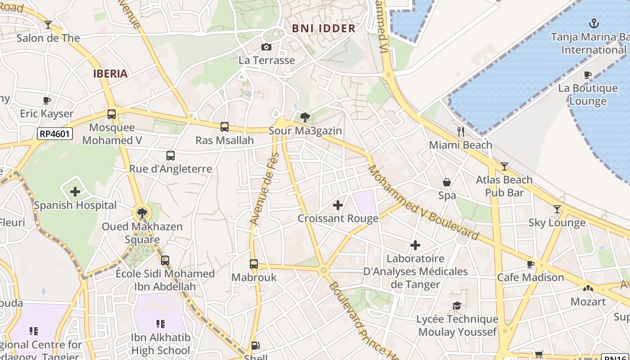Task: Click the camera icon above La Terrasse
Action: pyautogui.click(x=266, y=47)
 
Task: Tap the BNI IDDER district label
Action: pyautogui.click(x=324, y=28)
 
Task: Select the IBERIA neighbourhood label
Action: pyautogui.click(x=110, y=74)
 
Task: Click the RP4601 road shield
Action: pyautogui.click(x=54, y=134)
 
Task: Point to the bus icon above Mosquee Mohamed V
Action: pyautogui.click(x=112, y=114)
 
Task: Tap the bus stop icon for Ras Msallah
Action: pyautogui.click(x=225, y=127)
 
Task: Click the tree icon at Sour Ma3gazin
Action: pyautogui.click(x=305, y=117)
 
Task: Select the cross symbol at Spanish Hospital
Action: pyautogui.click(x=75, y=192)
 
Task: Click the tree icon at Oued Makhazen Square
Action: pyautogui.click(x=142, y=213)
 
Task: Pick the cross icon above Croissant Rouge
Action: pyautogui.click(x=338, y=206)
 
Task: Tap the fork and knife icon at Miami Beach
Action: pyautogui.click(x=460, y=131)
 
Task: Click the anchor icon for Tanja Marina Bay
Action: pyautogui.click(x=594, y=23)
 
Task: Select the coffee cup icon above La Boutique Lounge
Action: pyautogui.click(x=587, y=75)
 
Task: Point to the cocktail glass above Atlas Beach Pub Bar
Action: pyautogui.click(x=504, y=166)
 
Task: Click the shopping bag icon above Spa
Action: pyautogui.click(x=447, y=182)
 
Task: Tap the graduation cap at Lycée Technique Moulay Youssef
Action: pyautogui.click(x=457, y=306)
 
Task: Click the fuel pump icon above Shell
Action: pyautogui.click(x=255, y=346)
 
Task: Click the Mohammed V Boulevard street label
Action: pyautogui.click(x=423, y=202)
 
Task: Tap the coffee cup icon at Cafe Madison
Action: pyautogui.click(x=531, y=264)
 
